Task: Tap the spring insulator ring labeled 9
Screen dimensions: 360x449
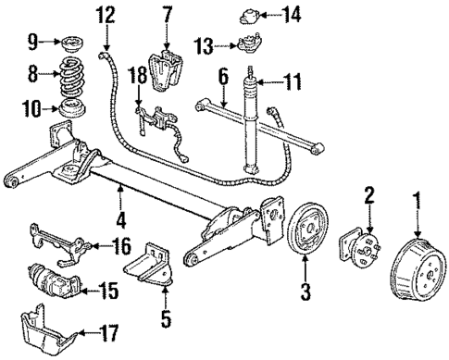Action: pyautogui.click(x=69, y=43)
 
